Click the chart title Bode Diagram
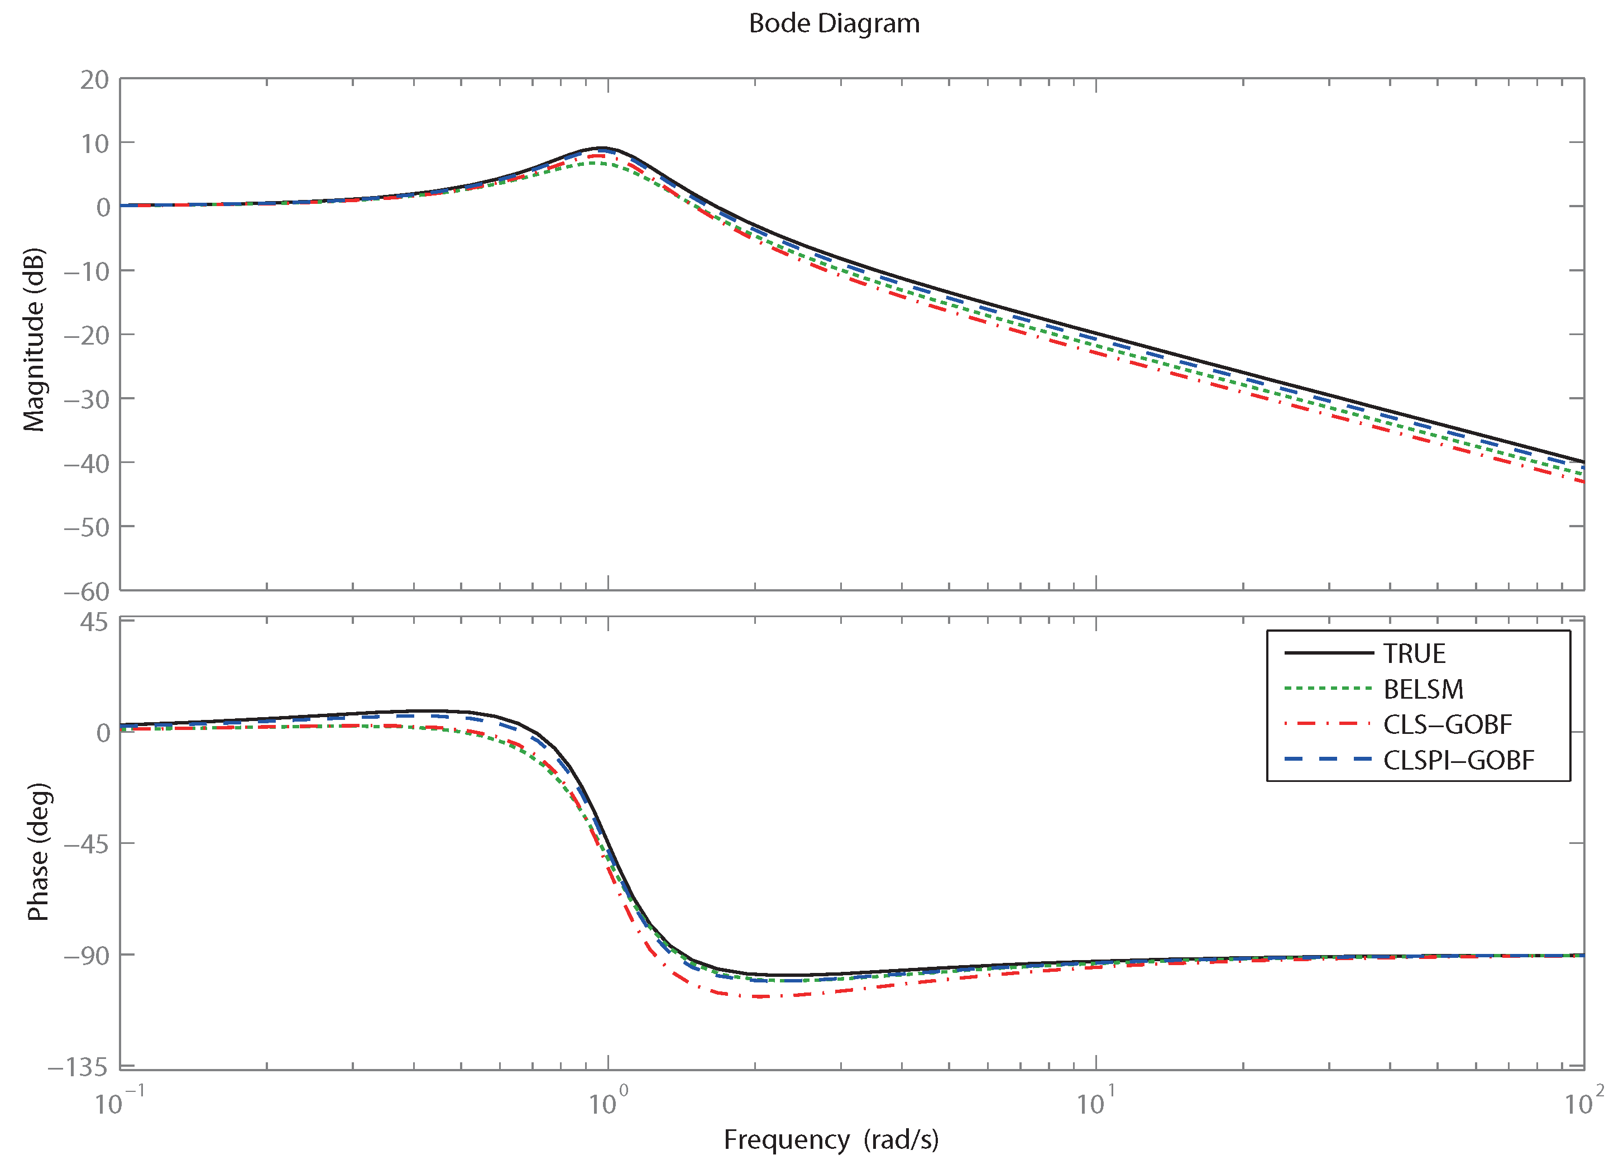click(834, 23)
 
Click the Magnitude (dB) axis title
click(33, 340)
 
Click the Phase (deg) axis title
click(38, 852)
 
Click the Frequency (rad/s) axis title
click(831, 1140)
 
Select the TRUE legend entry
click(1414, 653)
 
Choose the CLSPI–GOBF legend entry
click(1458, 760)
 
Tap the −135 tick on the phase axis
click(78, 1067)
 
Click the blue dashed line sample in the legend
click(1328, 760)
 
